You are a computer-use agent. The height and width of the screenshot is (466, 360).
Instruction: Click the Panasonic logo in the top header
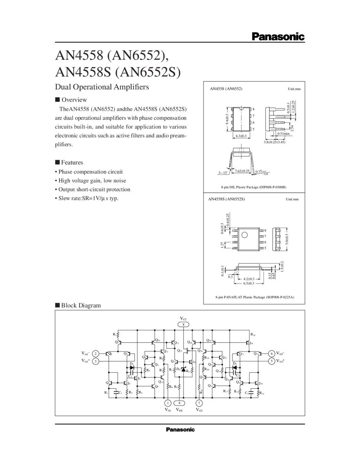pos(278,37)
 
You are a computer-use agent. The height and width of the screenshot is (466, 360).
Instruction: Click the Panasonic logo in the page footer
pos(180,429)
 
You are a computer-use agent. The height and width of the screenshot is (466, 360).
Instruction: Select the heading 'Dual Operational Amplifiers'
pos(102,87)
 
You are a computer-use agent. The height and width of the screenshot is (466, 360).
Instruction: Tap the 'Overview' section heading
pos(74,100)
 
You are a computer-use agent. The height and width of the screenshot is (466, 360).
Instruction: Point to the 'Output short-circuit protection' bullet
pos(94,190)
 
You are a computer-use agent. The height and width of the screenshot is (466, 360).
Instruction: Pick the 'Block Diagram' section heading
pos(81,305)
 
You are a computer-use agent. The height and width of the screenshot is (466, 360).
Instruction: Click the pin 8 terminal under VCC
pos(183,324)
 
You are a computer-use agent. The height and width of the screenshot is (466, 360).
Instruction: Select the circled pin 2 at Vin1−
pos(96,353)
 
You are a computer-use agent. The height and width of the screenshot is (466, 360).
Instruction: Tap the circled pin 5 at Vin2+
pos(272,361)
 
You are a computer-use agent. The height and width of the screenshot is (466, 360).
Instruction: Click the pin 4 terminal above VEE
pos(179,403)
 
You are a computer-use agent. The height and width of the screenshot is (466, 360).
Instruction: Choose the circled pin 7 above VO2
pos(199,403)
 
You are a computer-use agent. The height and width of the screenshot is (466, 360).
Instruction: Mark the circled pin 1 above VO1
pos(168,403)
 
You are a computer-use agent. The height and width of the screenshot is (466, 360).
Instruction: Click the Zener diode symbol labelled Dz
pos(183,370)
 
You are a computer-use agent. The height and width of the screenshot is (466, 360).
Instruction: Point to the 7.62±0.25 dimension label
pos(242,171)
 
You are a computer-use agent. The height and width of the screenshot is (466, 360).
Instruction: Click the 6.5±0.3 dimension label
pos(248,283)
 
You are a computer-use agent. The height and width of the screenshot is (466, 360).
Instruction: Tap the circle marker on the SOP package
pos(244,235)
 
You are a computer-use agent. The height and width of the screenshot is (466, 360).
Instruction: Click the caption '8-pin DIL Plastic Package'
pos(253,187)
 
